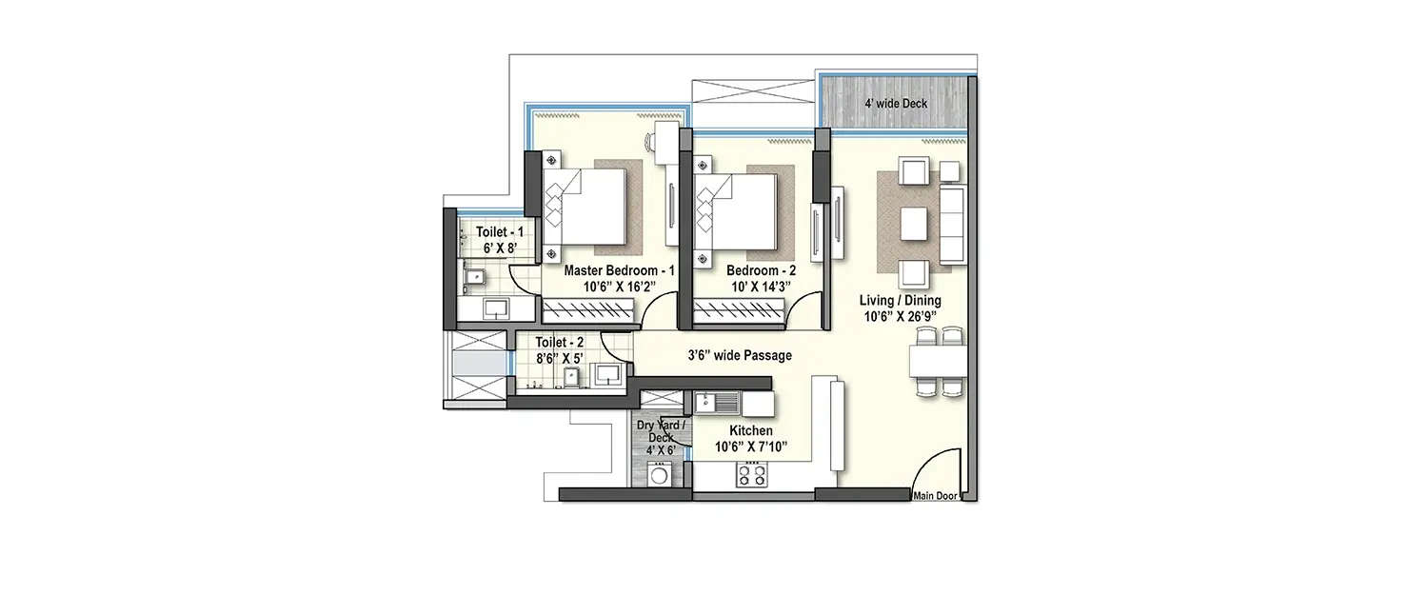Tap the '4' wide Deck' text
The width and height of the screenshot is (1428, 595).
(895, 103)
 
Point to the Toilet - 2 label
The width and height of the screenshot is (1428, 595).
(560, 342)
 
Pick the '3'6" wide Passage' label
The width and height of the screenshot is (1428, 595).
(740, 355)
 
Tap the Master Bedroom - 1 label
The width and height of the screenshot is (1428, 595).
(619, 270)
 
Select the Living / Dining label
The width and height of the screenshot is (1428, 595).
(900, 301)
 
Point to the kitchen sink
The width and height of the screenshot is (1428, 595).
(710, 403)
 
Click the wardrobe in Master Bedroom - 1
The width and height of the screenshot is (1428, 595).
(588, 309)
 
